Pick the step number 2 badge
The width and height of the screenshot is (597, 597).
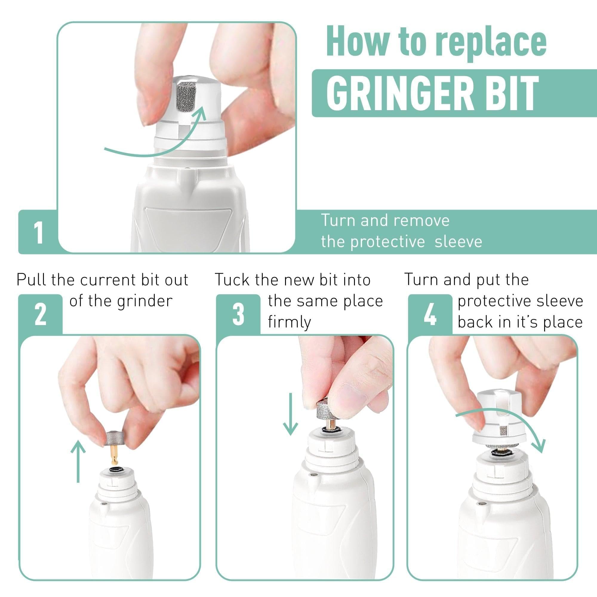[40, 315]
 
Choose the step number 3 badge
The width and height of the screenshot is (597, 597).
[238, 315]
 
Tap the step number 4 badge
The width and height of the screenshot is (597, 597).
[430, 315]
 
